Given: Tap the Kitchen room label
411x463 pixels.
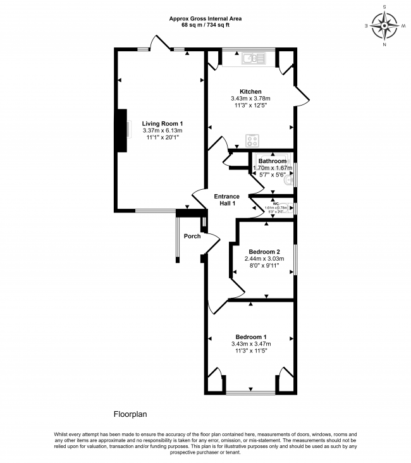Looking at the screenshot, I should (250, 92).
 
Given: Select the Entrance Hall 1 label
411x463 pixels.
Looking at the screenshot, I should (226, 200).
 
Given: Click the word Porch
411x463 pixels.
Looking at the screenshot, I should (192, 236).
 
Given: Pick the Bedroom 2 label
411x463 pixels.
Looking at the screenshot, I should (264, 250).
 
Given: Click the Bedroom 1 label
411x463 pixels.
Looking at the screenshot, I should (251, 336).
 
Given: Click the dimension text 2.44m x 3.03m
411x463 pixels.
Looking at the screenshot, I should (264, 258).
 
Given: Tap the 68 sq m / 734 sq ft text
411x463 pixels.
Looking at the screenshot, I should (205, 25).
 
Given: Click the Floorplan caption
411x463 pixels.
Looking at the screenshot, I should (130, 415).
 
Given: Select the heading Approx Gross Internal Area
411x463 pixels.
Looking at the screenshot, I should (205, 18).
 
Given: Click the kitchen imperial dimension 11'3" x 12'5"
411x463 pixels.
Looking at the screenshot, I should (250, 106).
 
